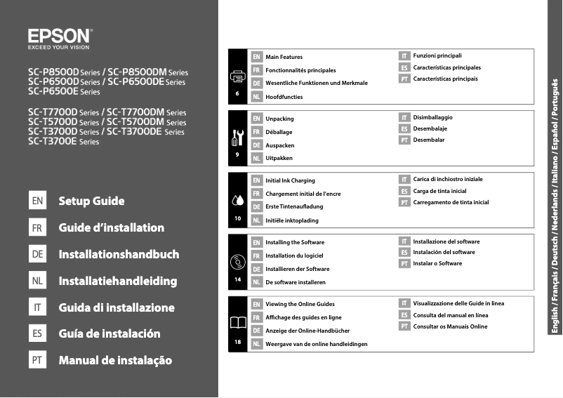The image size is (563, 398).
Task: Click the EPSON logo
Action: click(x=60, y=36)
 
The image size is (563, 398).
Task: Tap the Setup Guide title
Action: click(x=92, y=201)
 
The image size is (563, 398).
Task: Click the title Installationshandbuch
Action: click(x=119, y=255)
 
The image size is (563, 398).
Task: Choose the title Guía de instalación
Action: click(x=110, y=334)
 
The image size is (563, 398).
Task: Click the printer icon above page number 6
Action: click(x=238, y=76)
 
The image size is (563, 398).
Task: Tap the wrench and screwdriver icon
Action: click(x=238, y=136)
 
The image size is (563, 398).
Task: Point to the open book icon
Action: click(x=238, y=323)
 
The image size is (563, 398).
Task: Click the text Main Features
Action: click(x=284, y=57)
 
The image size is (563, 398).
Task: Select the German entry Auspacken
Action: click(x=280, y=145)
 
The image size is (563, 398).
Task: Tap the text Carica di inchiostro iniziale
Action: click(x=448, y=180)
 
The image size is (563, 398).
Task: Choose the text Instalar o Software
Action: click(x=437, y=264)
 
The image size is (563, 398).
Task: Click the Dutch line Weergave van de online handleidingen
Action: click(x=317, y=345)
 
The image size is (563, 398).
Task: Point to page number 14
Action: click(x=238, y=280)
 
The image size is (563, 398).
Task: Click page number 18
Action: click(x=238, y=342)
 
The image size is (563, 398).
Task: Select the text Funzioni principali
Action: click(x=437, y=55)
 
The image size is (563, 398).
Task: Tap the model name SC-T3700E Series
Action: click(x=64, y=142)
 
